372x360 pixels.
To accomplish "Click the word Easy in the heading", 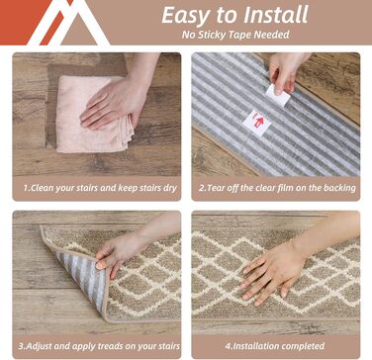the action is (183, 15).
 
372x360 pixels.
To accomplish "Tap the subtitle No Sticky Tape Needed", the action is (235, 35).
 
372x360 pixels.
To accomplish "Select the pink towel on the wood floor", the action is (95, 115).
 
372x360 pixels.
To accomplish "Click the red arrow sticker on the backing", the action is (257, 123).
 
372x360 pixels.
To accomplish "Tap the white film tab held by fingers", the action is (278, 95).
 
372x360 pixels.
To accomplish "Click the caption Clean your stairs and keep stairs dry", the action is (100, 188).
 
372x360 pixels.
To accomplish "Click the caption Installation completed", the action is (275, 346).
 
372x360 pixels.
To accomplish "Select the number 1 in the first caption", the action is (26, 189).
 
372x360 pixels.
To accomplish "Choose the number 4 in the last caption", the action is (228, 347).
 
